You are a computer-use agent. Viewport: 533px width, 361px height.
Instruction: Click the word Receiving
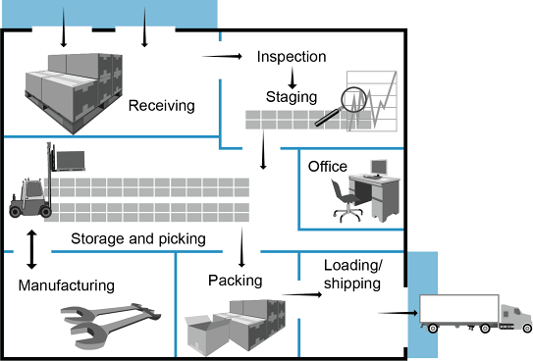coord(161,106)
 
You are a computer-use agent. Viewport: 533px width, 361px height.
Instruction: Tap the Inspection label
coord(292,57)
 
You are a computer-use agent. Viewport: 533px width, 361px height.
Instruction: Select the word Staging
coord(292,97)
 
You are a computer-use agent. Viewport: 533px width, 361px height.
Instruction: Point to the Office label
coord(328,167)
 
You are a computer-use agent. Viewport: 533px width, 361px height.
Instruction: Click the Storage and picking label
coord(138,239)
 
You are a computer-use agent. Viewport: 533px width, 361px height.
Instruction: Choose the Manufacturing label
coord(67,285)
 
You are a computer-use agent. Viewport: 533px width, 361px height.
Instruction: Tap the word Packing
coord(236,281)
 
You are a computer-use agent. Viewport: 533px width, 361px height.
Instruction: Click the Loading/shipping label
coord(352,275)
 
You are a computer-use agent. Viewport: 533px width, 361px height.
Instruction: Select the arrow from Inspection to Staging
coord(292,78)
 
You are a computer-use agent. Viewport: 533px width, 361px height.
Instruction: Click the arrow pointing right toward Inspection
coord(222,56)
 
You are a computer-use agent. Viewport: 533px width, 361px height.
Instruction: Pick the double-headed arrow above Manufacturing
coord(31,249)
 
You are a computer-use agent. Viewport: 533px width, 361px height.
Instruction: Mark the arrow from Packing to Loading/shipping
coord(302,294)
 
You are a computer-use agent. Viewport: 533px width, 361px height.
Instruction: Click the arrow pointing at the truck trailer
coord(399,313)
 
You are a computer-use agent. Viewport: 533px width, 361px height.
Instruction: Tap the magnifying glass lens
coord(353,99)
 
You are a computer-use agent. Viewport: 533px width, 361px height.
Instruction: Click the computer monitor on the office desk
coord(379,168)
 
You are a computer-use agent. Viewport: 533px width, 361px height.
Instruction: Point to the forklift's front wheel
coord(45,212)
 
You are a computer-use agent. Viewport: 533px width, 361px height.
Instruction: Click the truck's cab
coord(516,318)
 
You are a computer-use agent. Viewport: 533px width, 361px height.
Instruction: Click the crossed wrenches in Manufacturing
coord(111,324)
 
